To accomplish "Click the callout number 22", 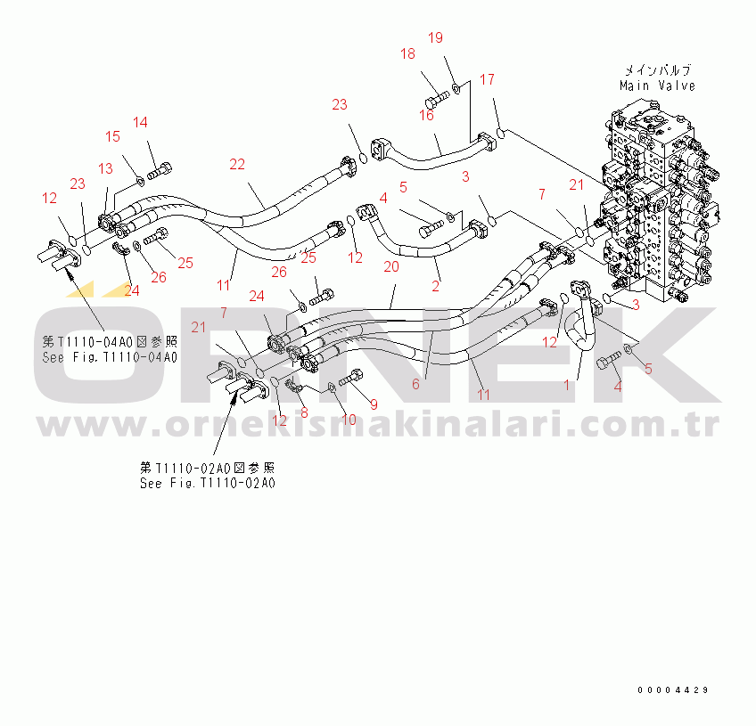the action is point(237,164).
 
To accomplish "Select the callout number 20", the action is point(391,266).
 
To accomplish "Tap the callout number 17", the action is point(487,79).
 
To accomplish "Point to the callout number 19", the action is point(435,37).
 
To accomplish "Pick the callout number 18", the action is point(407,53).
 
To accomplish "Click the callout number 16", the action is point(426,115).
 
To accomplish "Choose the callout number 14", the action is point(140,122).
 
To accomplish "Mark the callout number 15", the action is point(112,136).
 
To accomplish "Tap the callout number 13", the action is point(105,168).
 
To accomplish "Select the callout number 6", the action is point(415,384).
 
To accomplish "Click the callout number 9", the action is point(374,404).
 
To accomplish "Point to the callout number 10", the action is point(349,420).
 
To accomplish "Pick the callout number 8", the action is point(304,412).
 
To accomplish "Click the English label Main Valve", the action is point(657,86).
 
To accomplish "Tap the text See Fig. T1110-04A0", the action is point(110,357).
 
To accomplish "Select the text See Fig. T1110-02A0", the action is point(208,483).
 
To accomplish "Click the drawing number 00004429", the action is point(672,689).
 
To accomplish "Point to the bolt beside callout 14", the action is point(160,170).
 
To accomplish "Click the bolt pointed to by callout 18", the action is point(437,99).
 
